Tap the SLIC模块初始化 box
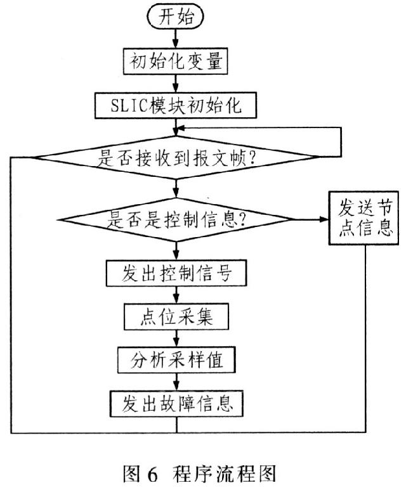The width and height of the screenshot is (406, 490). click(175, 105)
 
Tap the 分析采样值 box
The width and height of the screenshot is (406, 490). click(176, 361)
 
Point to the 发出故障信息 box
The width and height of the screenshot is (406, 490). click(176, 403)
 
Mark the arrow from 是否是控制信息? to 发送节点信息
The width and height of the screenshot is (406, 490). click(312, 221)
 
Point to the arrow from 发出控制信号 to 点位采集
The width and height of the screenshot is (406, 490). click(176, 297)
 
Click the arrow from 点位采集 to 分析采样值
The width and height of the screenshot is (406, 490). click(176, 340)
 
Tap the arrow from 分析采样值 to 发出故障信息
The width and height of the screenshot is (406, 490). click(176, 382)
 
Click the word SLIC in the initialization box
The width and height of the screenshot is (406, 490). click(126, 105)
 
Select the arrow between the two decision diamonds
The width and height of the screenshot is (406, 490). click(176, 189)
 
